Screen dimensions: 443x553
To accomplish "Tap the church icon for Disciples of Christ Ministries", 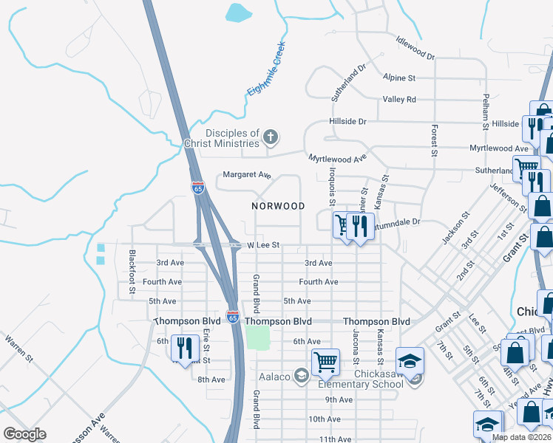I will pos(271,136).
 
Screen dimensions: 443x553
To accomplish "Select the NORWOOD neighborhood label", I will pos(278,206).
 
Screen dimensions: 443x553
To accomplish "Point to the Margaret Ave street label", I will pos(248,176).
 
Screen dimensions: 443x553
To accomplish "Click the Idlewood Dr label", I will pos(415,48).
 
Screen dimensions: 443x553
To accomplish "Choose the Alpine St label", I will pos(399,77).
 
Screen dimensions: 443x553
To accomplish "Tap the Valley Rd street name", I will pos(399,99).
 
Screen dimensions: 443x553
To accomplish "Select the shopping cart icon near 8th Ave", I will pos(325,362).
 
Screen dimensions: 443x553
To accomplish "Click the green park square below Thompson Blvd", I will pos(257,338).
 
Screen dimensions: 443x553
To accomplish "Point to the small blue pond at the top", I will pos(237,11).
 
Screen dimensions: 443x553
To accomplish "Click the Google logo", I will pos(24,434).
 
